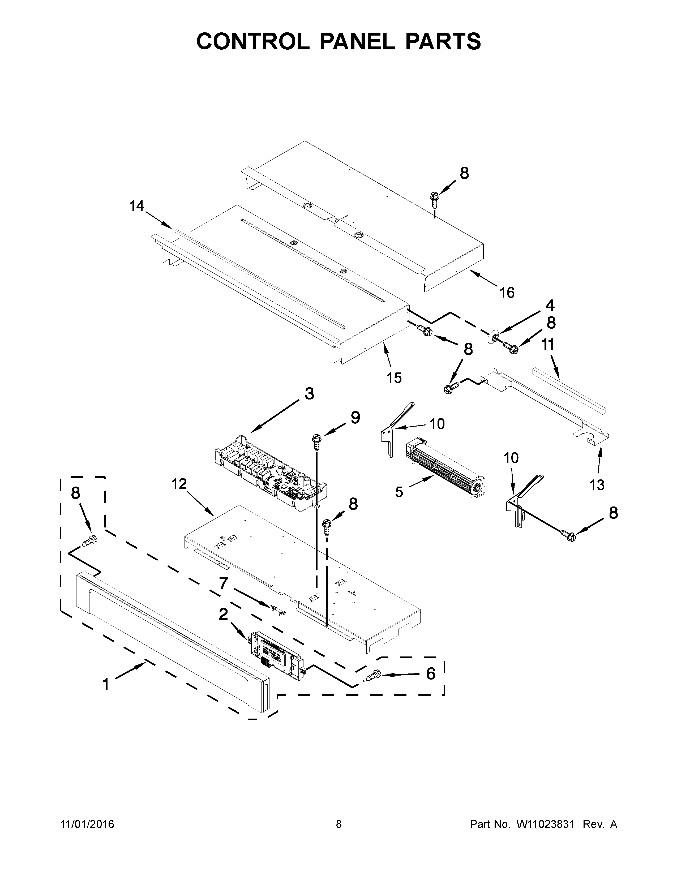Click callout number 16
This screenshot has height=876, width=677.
(507, 293)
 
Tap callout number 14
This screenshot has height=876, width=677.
(136, 206)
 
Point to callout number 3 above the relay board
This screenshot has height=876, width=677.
(309, 394)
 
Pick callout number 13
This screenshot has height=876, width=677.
(597, 485)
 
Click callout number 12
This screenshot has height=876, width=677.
(179, 484)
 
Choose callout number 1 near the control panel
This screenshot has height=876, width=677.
(106, 685)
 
